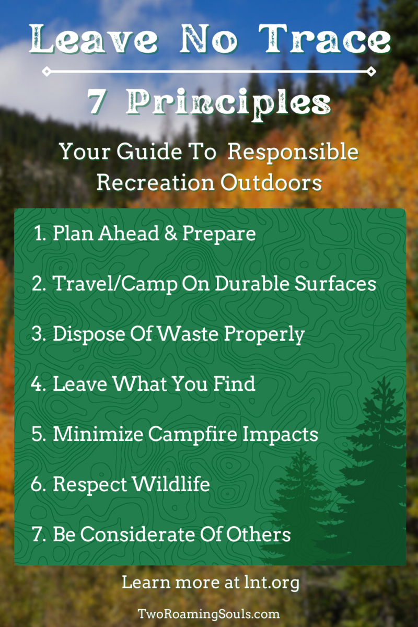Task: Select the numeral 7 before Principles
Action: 97,102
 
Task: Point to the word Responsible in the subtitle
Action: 294,152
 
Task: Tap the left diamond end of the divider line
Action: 46,71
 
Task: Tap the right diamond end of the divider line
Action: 371,71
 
